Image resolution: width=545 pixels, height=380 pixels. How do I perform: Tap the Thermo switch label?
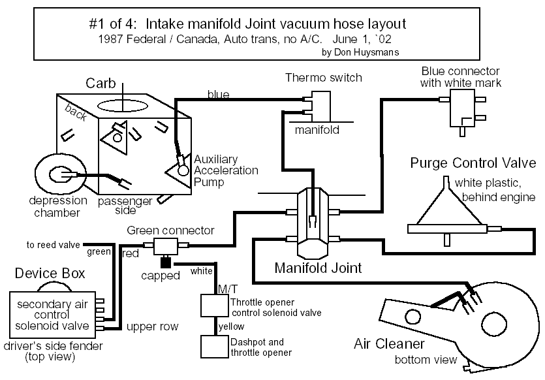324,78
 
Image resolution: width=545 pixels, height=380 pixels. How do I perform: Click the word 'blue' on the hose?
218,95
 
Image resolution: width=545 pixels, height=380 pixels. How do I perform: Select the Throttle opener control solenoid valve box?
215,306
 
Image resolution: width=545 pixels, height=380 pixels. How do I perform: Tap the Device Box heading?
50,273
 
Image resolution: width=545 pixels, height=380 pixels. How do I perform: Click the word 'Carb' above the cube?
101,84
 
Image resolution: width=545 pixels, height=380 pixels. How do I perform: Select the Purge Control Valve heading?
473,163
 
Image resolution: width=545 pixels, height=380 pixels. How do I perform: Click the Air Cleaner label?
390,343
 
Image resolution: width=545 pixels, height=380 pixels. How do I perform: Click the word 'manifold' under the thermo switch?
317,130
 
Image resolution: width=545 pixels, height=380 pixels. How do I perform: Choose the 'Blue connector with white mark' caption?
460,76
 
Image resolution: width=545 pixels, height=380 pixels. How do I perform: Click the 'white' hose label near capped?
200,270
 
